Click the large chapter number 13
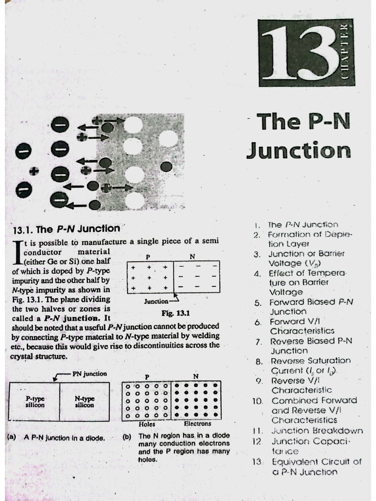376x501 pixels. (x=295, y=54)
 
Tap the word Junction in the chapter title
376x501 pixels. (x=298, y=150)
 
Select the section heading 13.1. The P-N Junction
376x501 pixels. (x=65, y=228)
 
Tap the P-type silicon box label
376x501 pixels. (x=35, y=402)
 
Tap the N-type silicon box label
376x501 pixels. (x=85, y=402)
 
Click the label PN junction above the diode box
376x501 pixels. (x=89, y=373)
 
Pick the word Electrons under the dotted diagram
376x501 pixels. (x=197, y=424)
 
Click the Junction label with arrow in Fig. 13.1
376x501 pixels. (x=156, y=301)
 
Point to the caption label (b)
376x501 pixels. (x=127, y=435)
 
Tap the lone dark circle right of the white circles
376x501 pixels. (x=167, y=166)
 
